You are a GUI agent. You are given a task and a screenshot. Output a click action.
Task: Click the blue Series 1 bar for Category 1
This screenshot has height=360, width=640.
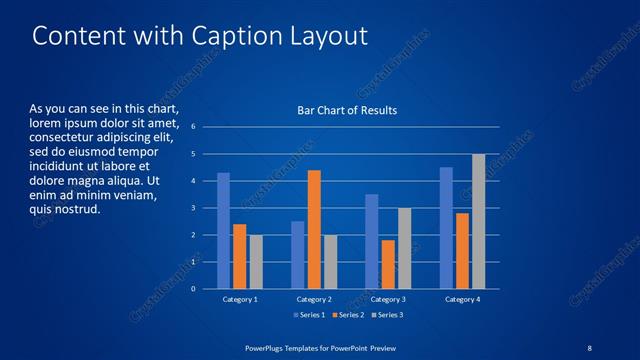[223, 230]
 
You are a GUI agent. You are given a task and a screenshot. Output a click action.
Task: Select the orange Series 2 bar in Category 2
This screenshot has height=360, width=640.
[313, 229]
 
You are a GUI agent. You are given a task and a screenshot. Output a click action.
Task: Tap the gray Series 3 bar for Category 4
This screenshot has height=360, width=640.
[478, 221]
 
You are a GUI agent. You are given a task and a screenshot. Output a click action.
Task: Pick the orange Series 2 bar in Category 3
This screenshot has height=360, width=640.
[388, 264]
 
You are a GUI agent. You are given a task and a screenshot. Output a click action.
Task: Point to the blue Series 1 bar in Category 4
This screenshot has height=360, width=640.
[446, 227]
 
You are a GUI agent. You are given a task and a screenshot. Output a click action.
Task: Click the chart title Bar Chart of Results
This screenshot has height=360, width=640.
[347, 110]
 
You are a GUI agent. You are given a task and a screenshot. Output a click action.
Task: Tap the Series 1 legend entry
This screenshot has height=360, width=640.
[307, 315]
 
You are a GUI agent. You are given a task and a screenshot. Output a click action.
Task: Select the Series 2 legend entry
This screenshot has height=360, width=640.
[349, 315]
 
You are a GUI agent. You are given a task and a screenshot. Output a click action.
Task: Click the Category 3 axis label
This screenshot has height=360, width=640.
[389, 299]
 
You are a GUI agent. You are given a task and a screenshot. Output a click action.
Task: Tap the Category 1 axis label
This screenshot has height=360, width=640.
[239, 299]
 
